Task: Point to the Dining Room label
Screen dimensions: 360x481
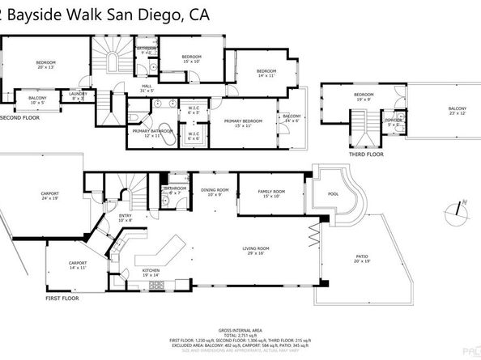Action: [215, 192]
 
